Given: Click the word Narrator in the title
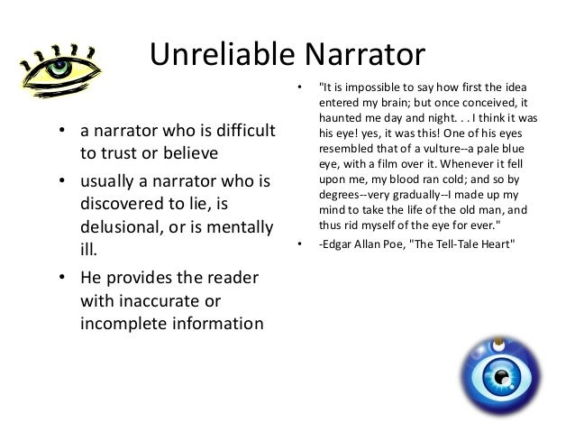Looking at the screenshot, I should coord(370,55).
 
